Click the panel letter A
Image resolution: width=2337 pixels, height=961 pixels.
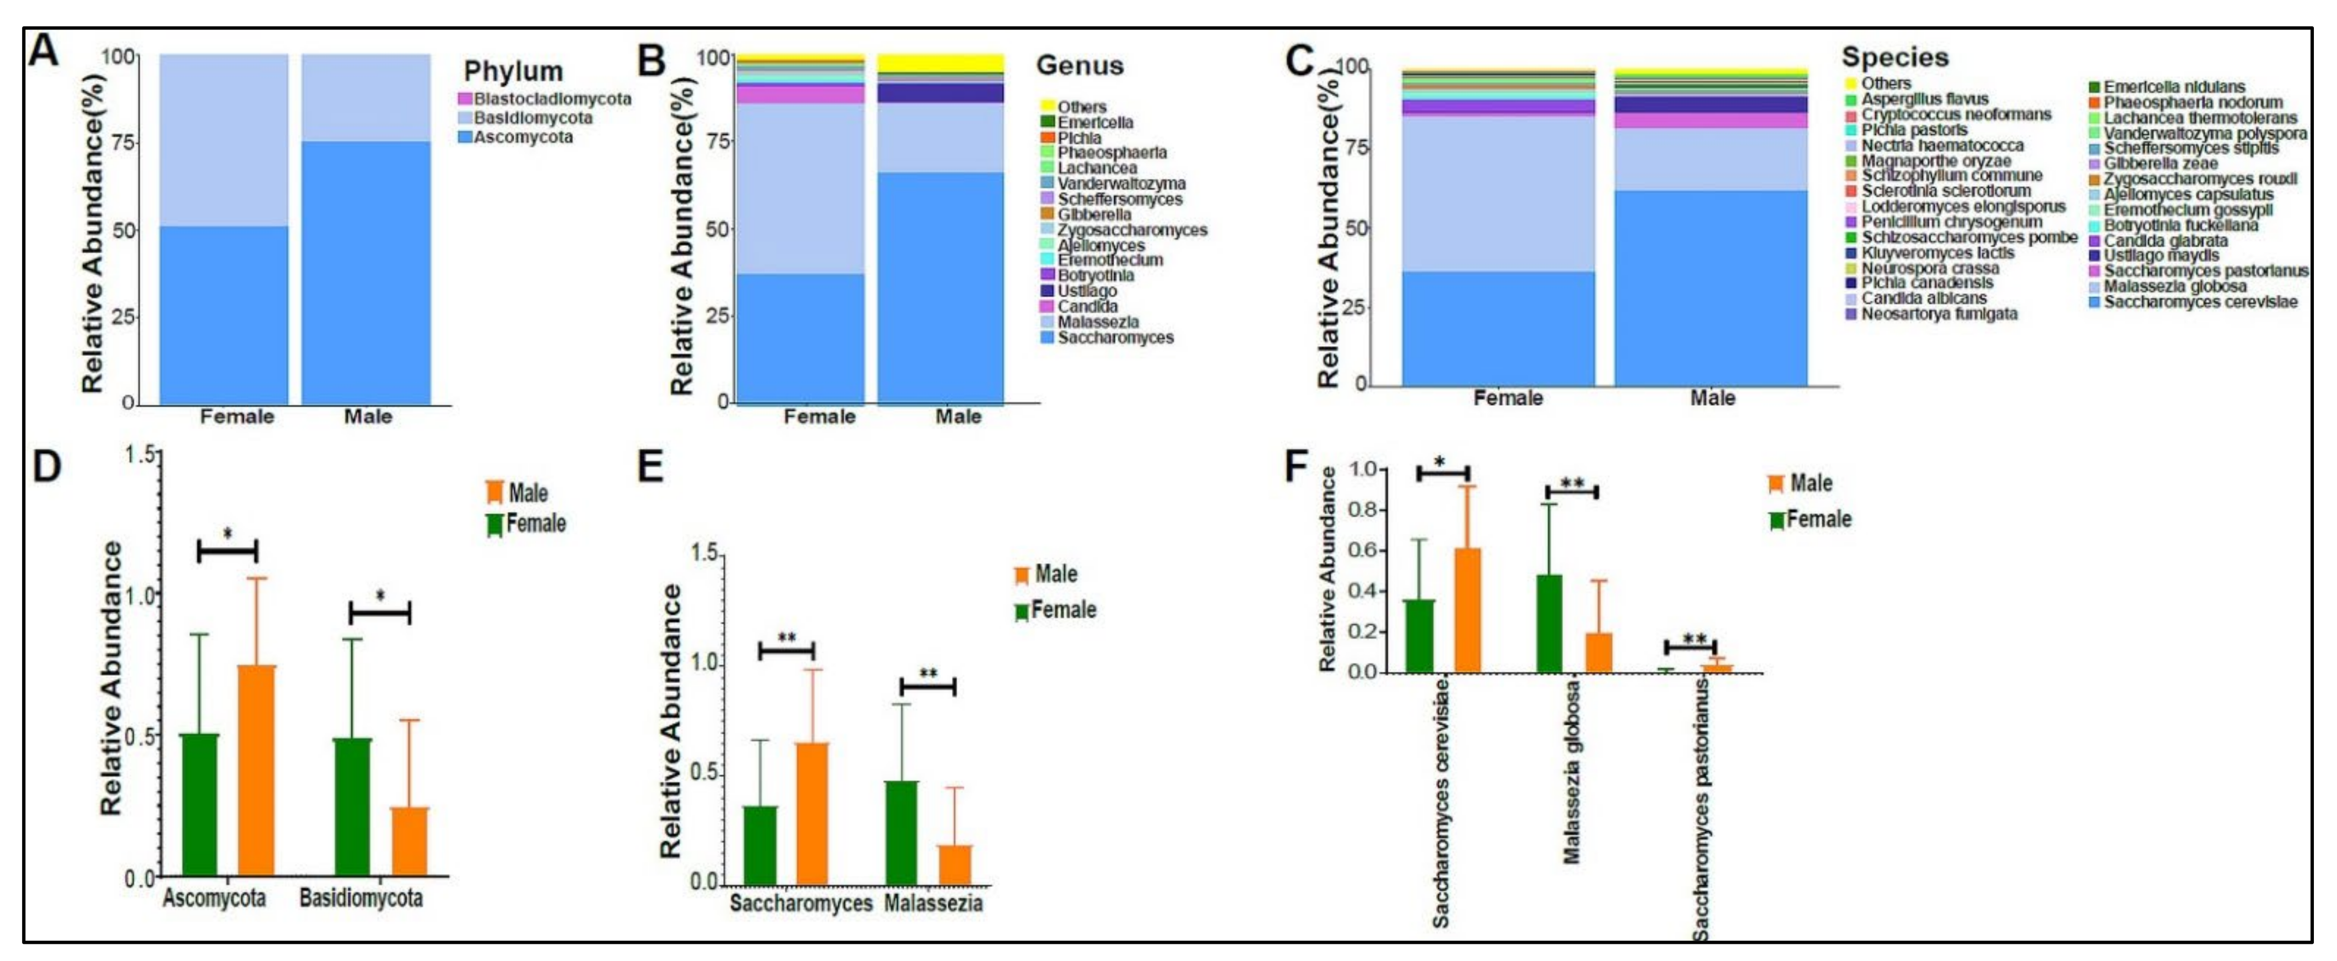[x=44, y=50]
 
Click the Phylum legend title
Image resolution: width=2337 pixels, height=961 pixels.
[x=513, y=71]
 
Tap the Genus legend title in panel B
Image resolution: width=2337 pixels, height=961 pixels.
[x=1080, y=66]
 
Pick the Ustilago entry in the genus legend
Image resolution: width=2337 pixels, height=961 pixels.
[x=1087, y=290]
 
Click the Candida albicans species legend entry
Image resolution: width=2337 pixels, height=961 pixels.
[x=1923, y=298]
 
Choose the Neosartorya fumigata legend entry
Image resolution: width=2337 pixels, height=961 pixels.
[x=1939, y=314]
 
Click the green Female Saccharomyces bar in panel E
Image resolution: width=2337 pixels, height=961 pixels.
[x=760, y=844]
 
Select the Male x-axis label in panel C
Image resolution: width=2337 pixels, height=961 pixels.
[x=1712, y=398]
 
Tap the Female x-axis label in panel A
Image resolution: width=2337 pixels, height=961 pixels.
[x=237, y=417]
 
